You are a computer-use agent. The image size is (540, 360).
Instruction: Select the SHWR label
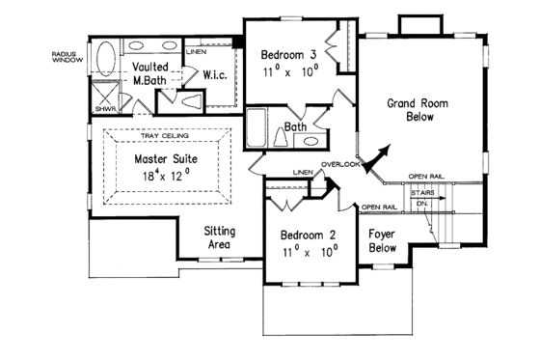click(99, 109)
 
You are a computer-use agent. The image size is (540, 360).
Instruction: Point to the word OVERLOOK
click(342, 164)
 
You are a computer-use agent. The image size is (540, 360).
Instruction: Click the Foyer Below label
click(383, 239)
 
